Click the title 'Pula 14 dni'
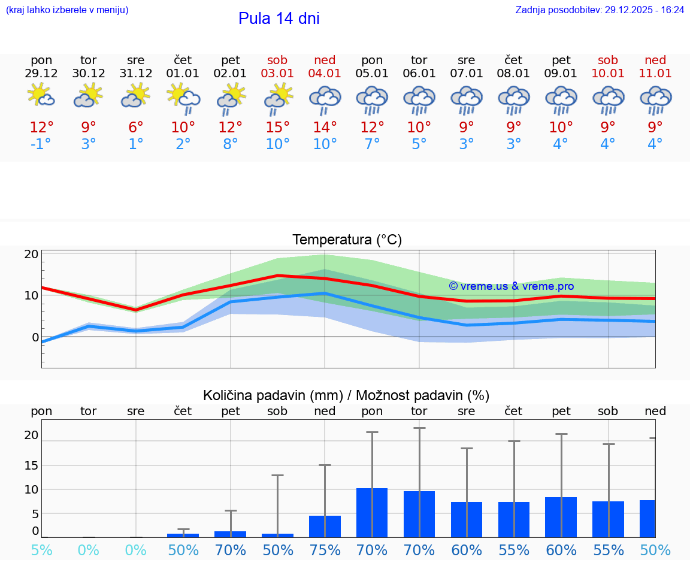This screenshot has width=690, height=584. click(x=279, y=19)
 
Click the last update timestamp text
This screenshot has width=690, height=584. click(x=600, y=10)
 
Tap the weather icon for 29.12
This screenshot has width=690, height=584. click(x=41, y=96)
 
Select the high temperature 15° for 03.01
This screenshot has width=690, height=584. click(x=277, y=128)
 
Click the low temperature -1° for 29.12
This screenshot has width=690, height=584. click(x=41, y=144)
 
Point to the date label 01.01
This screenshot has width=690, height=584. click(x=183, y=74)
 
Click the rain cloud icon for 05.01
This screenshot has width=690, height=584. click(x=372, y=99)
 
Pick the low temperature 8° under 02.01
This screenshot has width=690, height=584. click(x=231, y=144)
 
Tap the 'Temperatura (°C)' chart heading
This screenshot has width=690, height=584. click(x=347, y=240)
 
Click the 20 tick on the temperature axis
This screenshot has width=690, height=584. click(x=31, y=254)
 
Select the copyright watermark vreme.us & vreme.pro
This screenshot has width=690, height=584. click(x=511, y=286)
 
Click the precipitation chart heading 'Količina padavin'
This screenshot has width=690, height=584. click(x=346, y=395)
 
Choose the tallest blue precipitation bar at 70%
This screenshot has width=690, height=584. click(x=372, y=512)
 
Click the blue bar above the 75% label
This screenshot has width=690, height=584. click(x=325, y=526)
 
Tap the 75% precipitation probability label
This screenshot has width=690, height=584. click(x=325, y=550)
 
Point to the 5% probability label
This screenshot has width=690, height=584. click(x=41, y=550)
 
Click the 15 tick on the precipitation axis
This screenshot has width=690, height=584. click(x=31, y=465)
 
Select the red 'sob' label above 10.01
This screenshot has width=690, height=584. click(x=608, y=60)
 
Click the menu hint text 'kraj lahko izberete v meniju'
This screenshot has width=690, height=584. click(x=66, y=10)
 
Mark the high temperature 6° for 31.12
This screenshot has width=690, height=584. click(x=136, y=128)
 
